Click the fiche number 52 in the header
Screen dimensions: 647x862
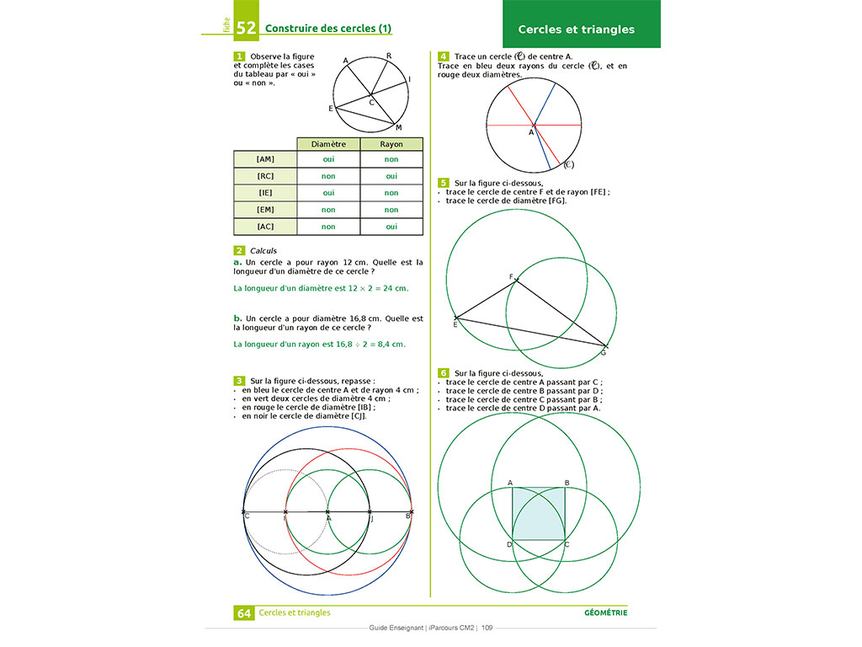[x=246, y=28]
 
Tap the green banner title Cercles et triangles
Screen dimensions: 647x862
[x=576, y=29]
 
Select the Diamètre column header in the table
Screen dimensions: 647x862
[x=327, y=144]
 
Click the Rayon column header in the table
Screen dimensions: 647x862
[x=391, y=144]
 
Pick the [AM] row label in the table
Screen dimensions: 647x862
[x=265, y=159]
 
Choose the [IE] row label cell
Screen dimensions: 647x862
[x=265, y=193]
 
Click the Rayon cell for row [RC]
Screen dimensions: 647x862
[x=391, y=176]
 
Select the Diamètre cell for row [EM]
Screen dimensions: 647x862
[x=327, y=210]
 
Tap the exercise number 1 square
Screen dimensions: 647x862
[x=240, y=56]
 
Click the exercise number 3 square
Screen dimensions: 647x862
[x=240, y=381]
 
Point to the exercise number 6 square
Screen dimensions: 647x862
[x=444, y=372]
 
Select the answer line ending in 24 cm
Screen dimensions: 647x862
[x=321, y=288]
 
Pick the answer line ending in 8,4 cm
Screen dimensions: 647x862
[x=319, y=344]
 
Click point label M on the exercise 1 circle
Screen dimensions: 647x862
[x=398, y=128]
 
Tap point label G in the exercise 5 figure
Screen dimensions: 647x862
[x=603, y=352]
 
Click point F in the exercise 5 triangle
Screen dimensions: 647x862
[x=514, y=279]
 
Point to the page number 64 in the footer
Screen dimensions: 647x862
[x=244, y=613]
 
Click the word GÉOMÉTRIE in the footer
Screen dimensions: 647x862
[x=605, y=612]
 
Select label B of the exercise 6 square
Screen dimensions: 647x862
[x=567, y=483]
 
